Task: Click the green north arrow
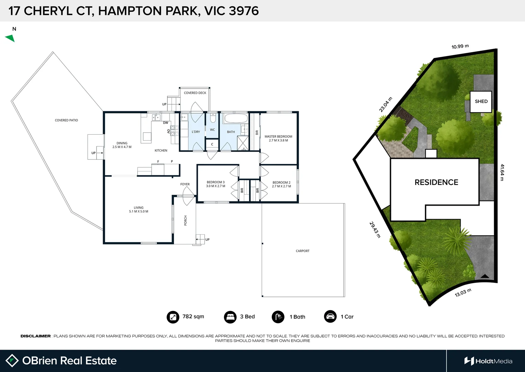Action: pos(10,38)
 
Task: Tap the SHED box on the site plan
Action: pos(481,102)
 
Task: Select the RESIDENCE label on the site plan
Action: pos(436,182)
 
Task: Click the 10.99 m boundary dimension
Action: pos(460,46)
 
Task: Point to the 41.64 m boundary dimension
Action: pos(502,172)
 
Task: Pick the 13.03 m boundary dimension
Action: pos(463,293)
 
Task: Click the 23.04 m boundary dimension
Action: pos(385,105)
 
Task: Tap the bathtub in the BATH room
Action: pos(236,118)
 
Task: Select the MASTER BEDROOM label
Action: pos(278,138)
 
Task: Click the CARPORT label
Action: pos(302,251)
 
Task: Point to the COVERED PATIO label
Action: pos(66,120)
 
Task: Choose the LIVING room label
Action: pos(138,209)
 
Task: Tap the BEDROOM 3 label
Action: pos(216,184)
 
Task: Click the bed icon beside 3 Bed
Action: pos(230,317)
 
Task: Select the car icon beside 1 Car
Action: pos(330,317)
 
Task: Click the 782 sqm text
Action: pos(193,317)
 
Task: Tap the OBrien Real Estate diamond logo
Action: pos(12,361)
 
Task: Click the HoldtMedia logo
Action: pos(488,361)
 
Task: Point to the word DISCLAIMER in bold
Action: pos(35,336)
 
